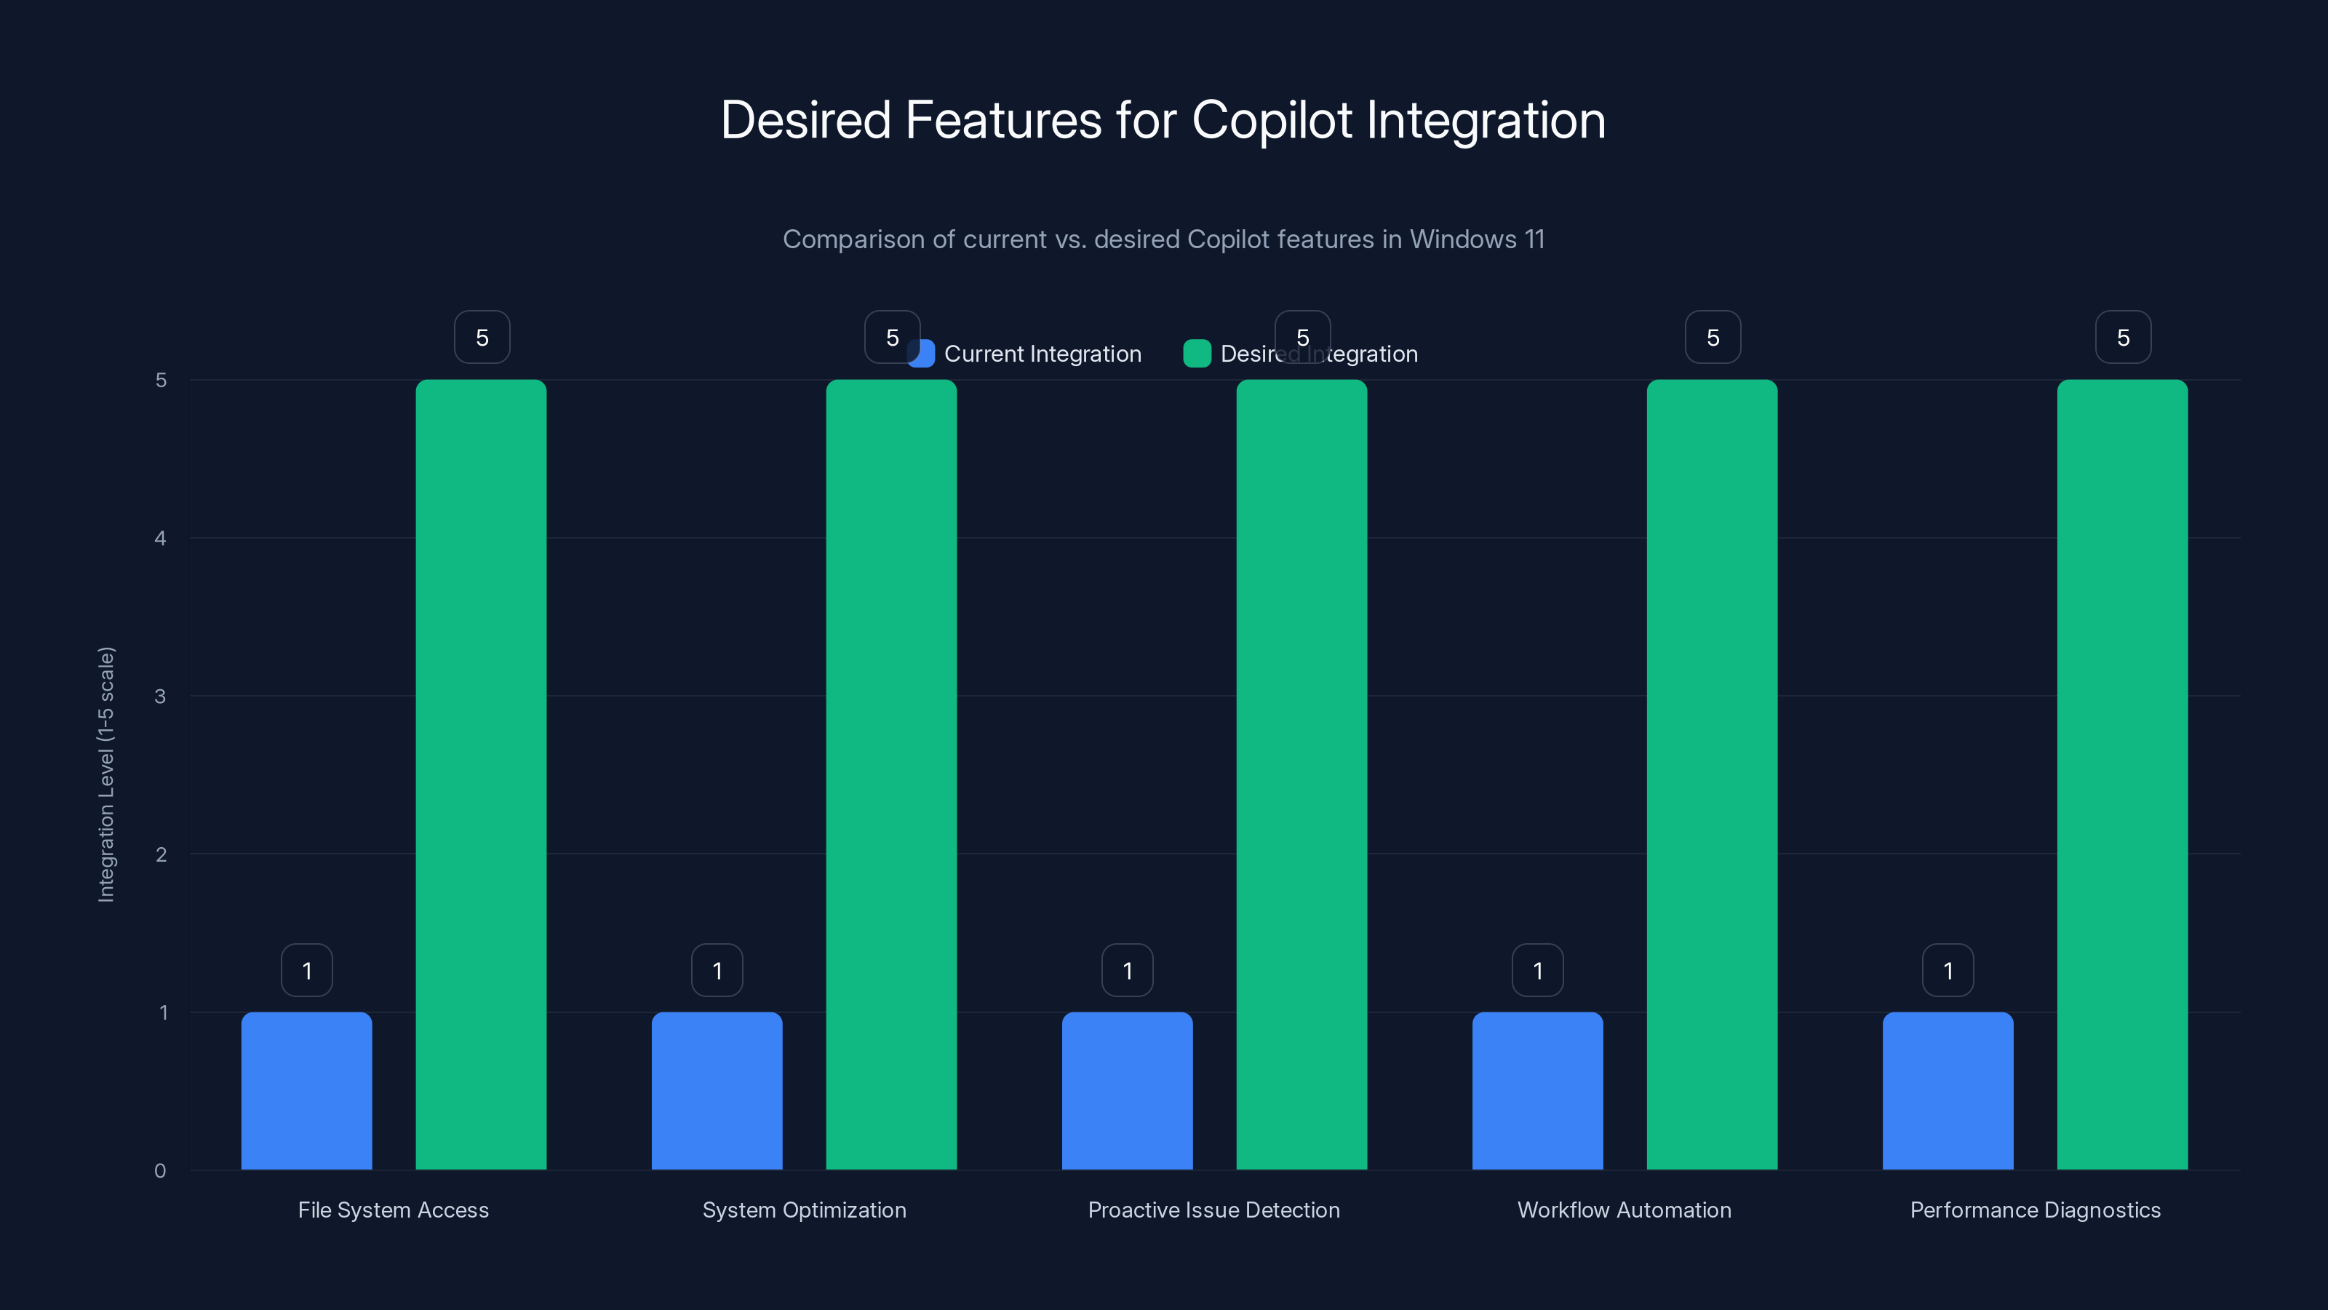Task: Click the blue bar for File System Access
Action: [306, 1090]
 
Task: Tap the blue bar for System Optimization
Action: [717, 1090]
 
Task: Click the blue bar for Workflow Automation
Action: [1537, 1090]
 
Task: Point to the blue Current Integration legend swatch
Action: [922, 354]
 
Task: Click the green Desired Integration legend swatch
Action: [1197, 354]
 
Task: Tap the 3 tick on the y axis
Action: [161, 696]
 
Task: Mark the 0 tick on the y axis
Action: [161, 1171]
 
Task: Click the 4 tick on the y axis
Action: [161, 539]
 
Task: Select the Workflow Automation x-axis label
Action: [1624, 1210]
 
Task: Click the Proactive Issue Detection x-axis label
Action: [1213, 1210]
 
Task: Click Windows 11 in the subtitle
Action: [1477, 239]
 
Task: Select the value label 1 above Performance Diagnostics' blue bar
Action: [1948, 971]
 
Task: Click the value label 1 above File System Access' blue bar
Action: [306, 971]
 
